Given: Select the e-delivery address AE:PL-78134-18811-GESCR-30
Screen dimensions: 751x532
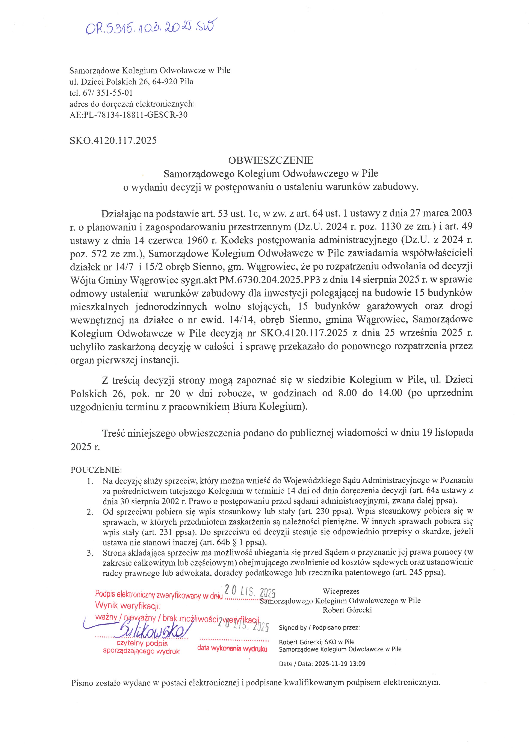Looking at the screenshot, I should coord(128,115).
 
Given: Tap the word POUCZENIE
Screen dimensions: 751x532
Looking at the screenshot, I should coord(96,470).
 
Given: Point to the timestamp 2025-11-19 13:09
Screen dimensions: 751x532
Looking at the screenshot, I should coord(340,664).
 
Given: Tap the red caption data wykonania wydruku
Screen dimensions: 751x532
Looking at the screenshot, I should coord(232,649).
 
